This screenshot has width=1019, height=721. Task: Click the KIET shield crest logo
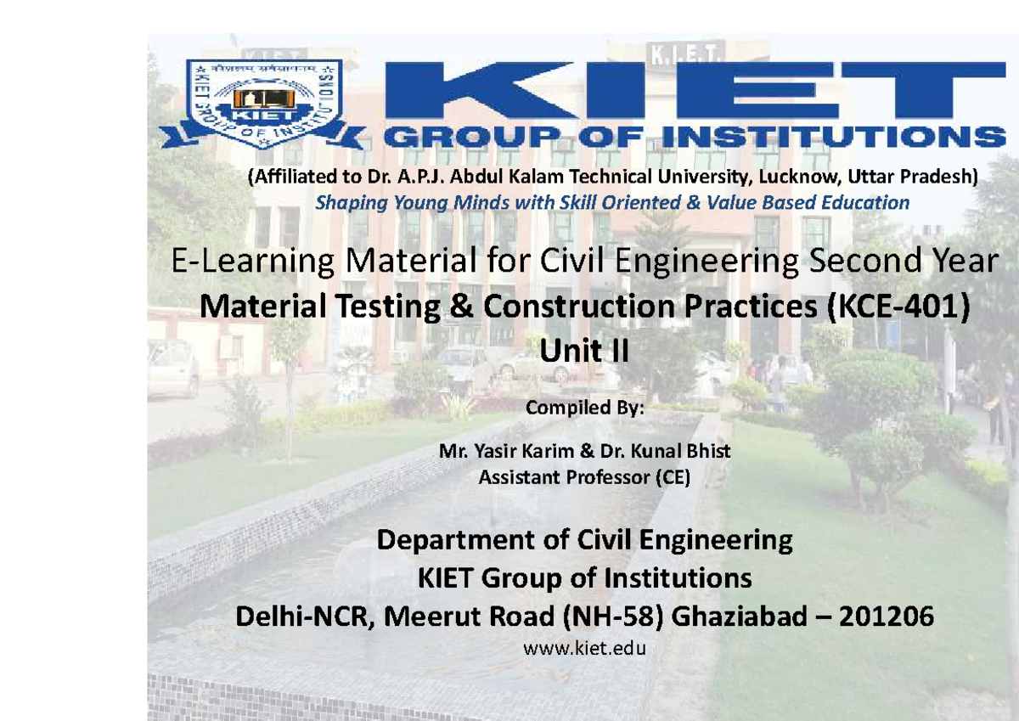point(263,103)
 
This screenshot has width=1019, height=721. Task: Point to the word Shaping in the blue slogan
point(347,203)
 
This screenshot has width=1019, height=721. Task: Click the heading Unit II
point(584,349)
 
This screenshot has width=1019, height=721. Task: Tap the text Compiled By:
point(585,408)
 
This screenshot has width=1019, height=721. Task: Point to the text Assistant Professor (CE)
point(585,477)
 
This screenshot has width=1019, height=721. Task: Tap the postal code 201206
point(886,617)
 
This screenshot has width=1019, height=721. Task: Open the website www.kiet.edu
point(585,650)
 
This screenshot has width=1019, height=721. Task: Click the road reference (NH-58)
point(609,617)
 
